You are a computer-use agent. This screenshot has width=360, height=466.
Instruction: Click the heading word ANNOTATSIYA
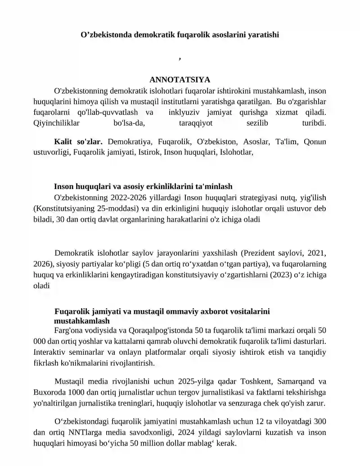click(180, 80)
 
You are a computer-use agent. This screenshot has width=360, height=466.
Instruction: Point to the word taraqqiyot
click(193, 122)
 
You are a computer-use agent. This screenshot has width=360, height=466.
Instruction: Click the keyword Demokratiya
click(129, 142)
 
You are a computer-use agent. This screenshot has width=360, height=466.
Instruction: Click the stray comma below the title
click(180, 58)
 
